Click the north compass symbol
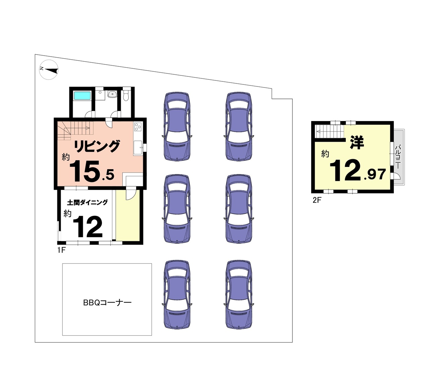[49, 70]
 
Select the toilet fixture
[126, 95]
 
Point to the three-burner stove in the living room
[138, 127]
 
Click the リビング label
[97, 146]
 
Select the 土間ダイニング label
[88, 202]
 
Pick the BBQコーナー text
[107, 303]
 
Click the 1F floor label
[61, 250]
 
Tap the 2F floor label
[317, 200]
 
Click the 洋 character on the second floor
[357, 142]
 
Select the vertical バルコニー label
[398, 157]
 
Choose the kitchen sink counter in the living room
[138, 148]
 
